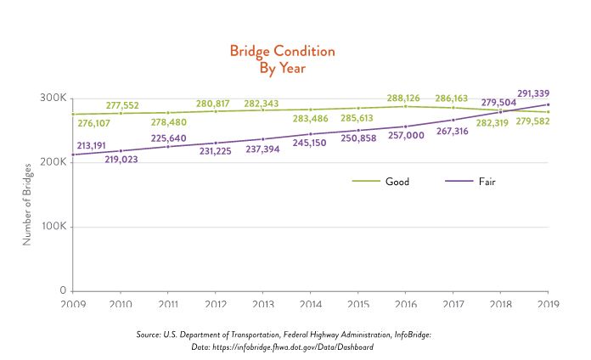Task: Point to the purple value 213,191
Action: (x=97, y=145)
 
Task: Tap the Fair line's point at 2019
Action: (x=549, y=104)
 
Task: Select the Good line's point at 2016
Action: (x=406, y=106)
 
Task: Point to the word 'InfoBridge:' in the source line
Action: (x=408, y=335)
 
